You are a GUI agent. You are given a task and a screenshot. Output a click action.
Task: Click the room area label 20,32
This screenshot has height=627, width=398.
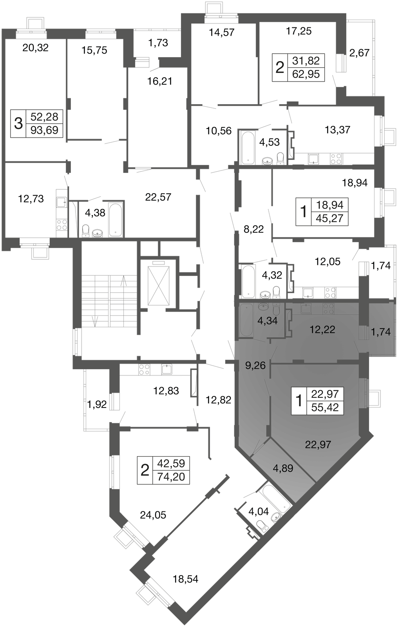tap(35, 48)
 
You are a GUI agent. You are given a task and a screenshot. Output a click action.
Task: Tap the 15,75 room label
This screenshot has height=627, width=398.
tap(94, 51)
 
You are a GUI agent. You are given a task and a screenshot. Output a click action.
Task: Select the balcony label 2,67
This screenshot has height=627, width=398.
tap(360, 53)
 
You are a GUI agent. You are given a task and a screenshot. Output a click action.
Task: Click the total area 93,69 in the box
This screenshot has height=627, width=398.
tap(45, 130)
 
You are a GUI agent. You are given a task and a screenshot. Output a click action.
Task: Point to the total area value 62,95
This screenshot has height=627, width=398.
tap(306, 74)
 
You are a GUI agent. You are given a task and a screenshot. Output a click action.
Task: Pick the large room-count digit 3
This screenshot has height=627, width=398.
tap(18, 123)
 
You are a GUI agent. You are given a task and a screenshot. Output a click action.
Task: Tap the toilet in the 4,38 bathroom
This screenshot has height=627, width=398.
tap(85, 230)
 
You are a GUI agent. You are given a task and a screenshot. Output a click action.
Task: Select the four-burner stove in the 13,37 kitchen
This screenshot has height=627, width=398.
tap(336, 159)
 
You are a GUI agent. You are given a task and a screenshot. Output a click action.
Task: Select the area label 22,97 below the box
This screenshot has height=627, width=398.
tap(318, 444)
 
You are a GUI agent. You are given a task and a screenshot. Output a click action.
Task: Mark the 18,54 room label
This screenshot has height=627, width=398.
tap(185, 579)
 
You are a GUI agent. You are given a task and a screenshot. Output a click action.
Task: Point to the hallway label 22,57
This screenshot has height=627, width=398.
tap(158, 197)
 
